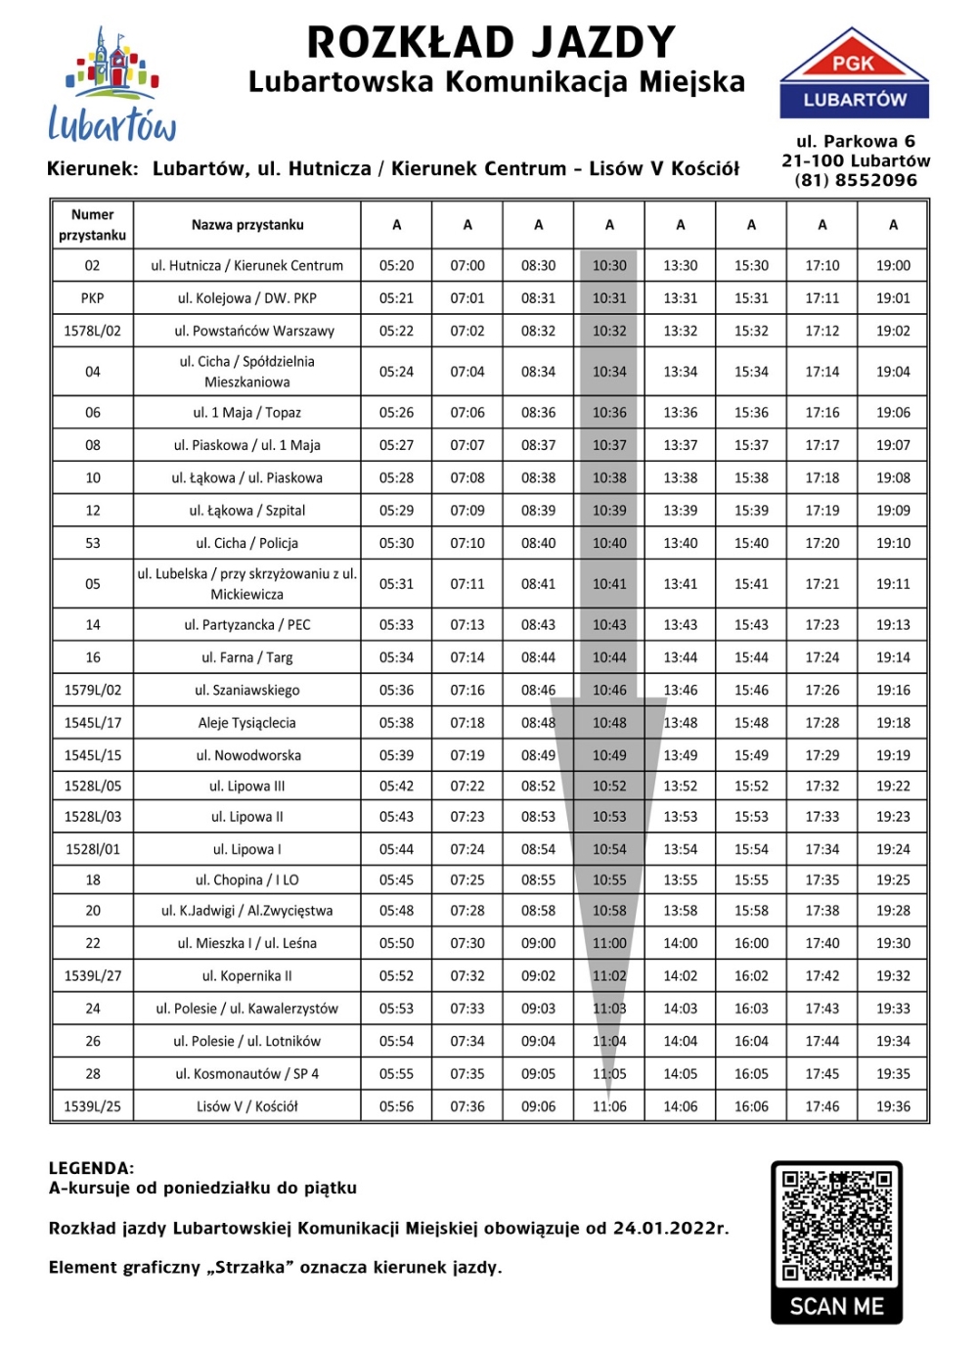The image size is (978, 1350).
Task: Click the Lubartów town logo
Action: [112, 86]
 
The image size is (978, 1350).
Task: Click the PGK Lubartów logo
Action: [854, 74]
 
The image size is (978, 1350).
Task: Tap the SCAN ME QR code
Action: [837, 1240]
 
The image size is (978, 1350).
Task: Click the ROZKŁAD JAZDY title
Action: [491, 42]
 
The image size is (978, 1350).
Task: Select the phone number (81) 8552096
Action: [856, 180]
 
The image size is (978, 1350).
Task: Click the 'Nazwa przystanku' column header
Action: [247, 225]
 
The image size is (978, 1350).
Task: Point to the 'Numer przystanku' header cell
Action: [92, 225]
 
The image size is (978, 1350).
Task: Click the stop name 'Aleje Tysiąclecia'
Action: [247, 723]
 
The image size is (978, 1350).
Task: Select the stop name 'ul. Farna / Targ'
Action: [247, 657]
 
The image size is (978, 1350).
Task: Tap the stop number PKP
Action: [92, 298]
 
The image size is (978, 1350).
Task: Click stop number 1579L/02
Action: [92, 690]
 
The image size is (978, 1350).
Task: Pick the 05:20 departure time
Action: [396, 265]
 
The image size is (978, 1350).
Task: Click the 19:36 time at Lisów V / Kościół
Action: [893, 1106]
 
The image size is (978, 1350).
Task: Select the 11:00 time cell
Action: [609, 943]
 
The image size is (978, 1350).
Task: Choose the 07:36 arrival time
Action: [467, 1106]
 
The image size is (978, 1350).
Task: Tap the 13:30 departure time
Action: [681, 265]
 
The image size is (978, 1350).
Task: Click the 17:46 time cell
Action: [822, 1106]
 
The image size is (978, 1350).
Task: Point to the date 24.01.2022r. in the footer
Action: [670, 1228]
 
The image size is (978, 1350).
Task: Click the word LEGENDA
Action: [91, 1168]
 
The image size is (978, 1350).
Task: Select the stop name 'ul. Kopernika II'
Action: [247, 975]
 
